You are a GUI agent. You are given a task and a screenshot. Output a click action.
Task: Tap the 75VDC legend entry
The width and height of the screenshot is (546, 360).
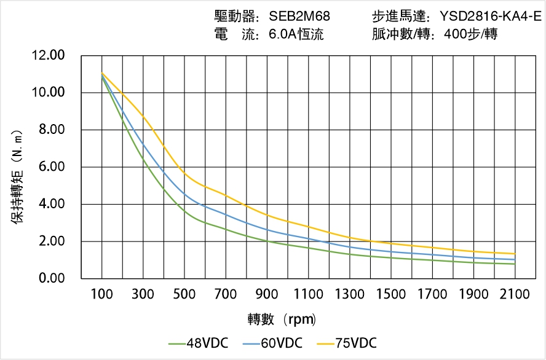point(355,343)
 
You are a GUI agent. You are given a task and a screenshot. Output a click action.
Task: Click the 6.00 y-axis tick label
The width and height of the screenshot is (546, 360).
point(51,167)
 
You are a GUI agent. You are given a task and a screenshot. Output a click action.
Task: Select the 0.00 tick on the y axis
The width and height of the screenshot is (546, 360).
point(51,278)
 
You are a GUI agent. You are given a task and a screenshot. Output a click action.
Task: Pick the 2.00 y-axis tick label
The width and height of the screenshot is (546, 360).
point(51,241)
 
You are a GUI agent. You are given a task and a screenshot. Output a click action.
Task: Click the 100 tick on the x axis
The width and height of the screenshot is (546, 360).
point(101,294)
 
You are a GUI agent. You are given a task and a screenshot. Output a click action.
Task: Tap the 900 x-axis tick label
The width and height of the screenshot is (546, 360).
point(267,294)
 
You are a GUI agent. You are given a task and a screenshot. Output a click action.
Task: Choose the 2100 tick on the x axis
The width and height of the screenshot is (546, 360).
point(515,294)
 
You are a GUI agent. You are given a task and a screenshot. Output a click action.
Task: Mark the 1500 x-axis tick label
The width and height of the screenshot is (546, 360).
point(390,294)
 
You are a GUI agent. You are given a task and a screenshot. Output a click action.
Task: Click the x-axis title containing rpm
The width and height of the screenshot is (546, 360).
point(282,319)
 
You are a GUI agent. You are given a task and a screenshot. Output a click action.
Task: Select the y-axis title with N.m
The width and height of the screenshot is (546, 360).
point(18,176)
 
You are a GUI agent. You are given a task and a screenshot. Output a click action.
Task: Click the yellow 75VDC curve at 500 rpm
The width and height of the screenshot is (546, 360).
point(184,174)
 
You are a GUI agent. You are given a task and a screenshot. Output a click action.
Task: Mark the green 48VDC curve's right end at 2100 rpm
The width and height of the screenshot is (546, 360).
point(515,264)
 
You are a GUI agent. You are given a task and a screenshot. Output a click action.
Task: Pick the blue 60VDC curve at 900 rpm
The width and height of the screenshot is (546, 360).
point(267,230)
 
